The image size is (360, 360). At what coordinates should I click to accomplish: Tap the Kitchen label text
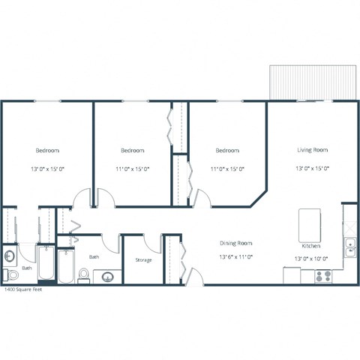coord(311,246)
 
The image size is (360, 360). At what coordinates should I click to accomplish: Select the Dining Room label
coord(235,243)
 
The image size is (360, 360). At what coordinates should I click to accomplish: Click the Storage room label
coord(143,260)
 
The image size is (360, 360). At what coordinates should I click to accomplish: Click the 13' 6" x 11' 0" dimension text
coord(235,256)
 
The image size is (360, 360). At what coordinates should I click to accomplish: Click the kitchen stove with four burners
coord(323,275)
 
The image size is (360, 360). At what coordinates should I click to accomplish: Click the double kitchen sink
coord(349,244)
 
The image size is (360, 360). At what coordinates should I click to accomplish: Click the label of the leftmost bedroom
coord(46,150)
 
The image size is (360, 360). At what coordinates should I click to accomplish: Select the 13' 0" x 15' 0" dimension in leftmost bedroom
coord(46,169)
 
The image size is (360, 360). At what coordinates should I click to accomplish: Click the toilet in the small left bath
coord(10,274)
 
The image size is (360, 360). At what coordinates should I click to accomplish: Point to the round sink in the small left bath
coord(9,256)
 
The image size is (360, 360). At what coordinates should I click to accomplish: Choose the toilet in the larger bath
coord(84,276)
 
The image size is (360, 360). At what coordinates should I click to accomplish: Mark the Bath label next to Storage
coord(94,257)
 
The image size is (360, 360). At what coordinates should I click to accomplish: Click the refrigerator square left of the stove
coord(292,275)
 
